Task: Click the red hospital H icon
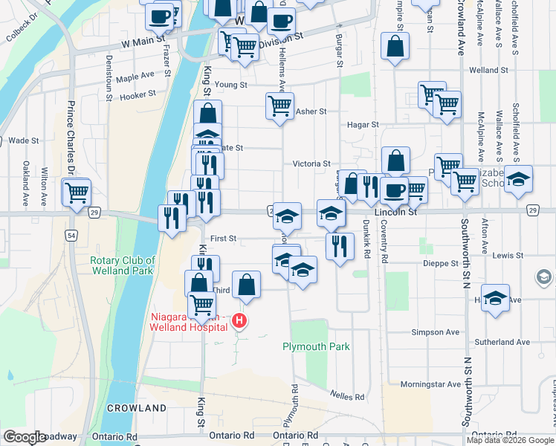[x=239, y=321]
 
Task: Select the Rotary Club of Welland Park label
[x=123, y=265]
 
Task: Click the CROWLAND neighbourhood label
[x=136, y=408]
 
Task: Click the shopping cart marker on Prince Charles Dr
[x=77, y=193]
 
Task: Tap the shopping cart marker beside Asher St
[x=279, y=107]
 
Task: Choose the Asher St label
[x=311, y=111]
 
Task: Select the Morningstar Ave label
[x=430, y=384]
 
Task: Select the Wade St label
[x=23, y=140]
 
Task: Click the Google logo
[x=25, y=437]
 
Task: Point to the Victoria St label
[x=311, y=164]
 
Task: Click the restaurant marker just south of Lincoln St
[x=340, y=246]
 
